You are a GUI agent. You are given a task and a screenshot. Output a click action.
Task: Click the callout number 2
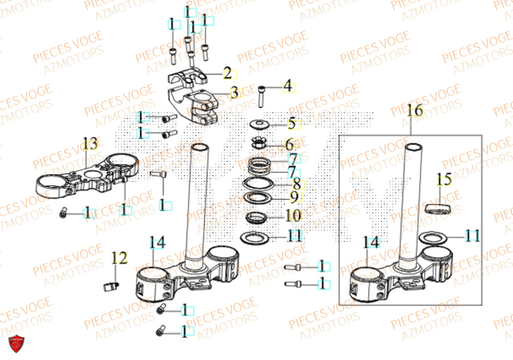[x=227, y=73]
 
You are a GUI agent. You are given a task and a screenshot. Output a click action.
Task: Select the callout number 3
[x=234, y=93]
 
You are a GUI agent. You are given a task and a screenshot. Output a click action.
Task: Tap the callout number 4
[x=288, y=86]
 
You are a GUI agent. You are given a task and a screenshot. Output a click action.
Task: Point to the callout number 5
[x=291, y=124]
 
